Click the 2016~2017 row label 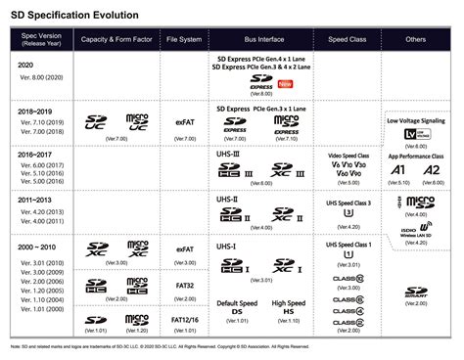pyautogui.click(x=36, y=154)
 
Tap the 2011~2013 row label pyautogui.click(x=36, y=200)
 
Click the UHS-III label pyautogui.click(x=227, y=155)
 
